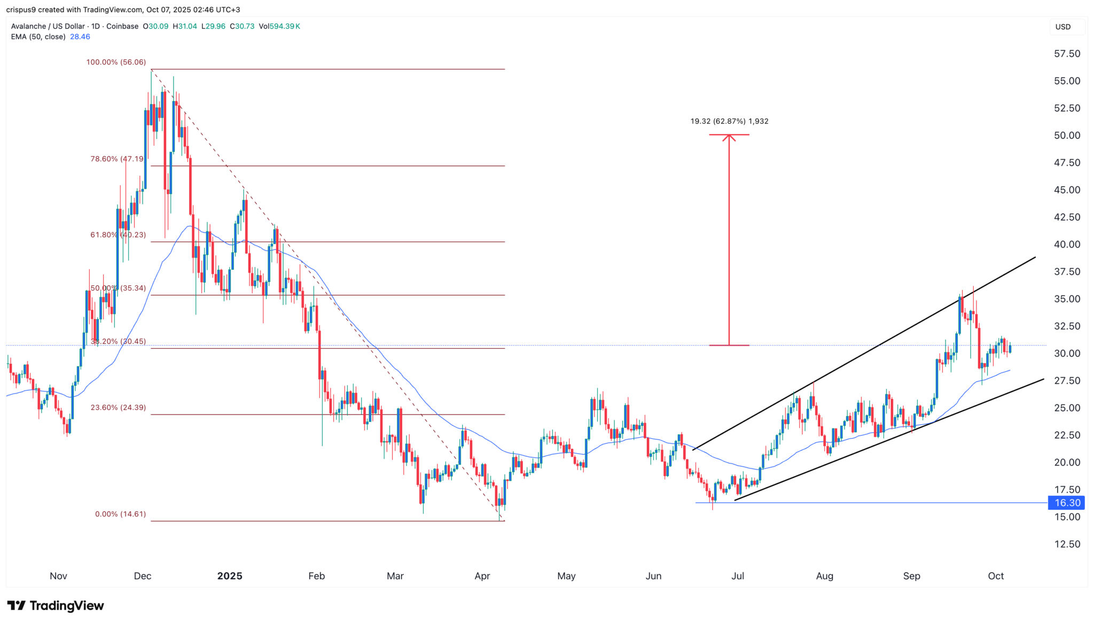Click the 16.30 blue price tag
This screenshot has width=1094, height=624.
click(x=1066, y=503)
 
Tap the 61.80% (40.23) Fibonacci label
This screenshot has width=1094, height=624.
click(x=118, y=235)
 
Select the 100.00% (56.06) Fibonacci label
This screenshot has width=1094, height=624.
click(x=116, y=63)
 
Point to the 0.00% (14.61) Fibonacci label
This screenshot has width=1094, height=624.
click(x=120, y=514)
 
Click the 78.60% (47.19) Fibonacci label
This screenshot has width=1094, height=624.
click(x=118, y=159)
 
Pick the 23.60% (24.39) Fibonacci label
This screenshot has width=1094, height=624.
click(x=118, y=407)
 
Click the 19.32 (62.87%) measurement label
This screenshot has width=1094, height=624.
click(x=729, y=121)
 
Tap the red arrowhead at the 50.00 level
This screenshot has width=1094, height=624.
click(x=729, y=137)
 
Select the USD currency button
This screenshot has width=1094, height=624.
click(x=1062, y=27)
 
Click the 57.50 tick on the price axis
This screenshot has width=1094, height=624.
click(x=1067, y=54)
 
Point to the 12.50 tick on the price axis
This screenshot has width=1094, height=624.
click(x=1067, y=544)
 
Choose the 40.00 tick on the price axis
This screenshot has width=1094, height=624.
click(x=1067, y=244)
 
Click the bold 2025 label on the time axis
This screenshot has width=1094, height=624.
click(x=230, y=576)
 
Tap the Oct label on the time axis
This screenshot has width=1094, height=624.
click(x=996, y=576)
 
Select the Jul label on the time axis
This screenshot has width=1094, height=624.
click(x=738, y=576)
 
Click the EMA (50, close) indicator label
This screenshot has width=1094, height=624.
click(x=38, y=37)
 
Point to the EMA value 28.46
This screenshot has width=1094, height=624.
click(x=80, y=37)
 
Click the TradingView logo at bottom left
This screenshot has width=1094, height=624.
click(x=56, y=605)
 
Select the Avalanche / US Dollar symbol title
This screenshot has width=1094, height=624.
click(x=48, y=26)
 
